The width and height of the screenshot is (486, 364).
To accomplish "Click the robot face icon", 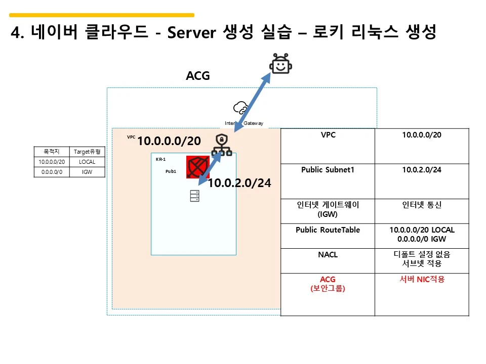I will tap(281, 64).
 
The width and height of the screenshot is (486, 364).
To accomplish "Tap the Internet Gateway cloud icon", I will tap(240, 108).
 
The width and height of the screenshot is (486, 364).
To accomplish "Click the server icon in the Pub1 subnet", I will tap(195, 196).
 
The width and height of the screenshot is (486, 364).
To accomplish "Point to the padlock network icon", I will tap(221, 145).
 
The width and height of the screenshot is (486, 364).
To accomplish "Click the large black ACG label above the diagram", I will tap(198, 76).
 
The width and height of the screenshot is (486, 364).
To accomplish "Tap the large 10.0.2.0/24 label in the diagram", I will tap(239, 183).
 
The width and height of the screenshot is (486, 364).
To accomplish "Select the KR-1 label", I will tap(160, 159).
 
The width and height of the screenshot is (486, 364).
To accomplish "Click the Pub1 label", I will tap(171, 171).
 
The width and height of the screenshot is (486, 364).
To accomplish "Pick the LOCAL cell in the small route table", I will tap(87, 162).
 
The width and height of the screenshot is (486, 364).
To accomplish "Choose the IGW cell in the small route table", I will tap(87, 172).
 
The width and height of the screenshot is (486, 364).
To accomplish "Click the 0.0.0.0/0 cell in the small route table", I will tap(51, 172).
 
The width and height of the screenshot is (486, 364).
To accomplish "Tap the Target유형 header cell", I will tap(87, 151).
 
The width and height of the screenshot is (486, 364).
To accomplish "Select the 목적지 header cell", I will tap(51, 151).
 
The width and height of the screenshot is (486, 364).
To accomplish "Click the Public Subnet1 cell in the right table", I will tap(328, 170).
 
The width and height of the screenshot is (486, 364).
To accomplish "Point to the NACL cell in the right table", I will tap(328, 254).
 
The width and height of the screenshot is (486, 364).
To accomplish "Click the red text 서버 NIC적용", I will tap(422, 279).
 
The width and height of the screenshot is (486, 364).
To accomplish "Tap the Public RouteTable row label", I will tap(328, 230).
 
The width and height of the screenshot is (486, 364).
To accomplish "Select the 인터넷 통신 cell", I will tap(422, 205).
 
